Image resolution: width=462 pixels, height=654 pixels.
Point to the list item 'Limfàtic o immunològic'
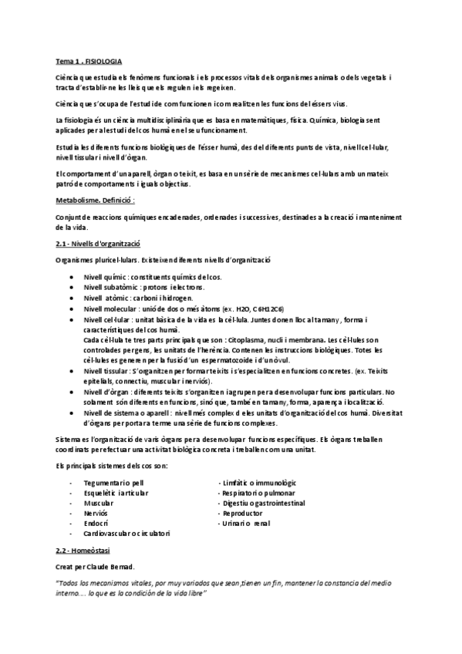pyautogui.click(x=263, y=483)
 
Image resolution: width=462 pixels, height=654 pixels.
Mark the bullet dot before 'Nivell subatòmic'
pyautogui.click(x=72, y=286)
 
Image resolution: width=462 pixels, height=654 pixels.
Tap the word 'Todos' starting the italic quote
pyautogui.click(x=71, y=582)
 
